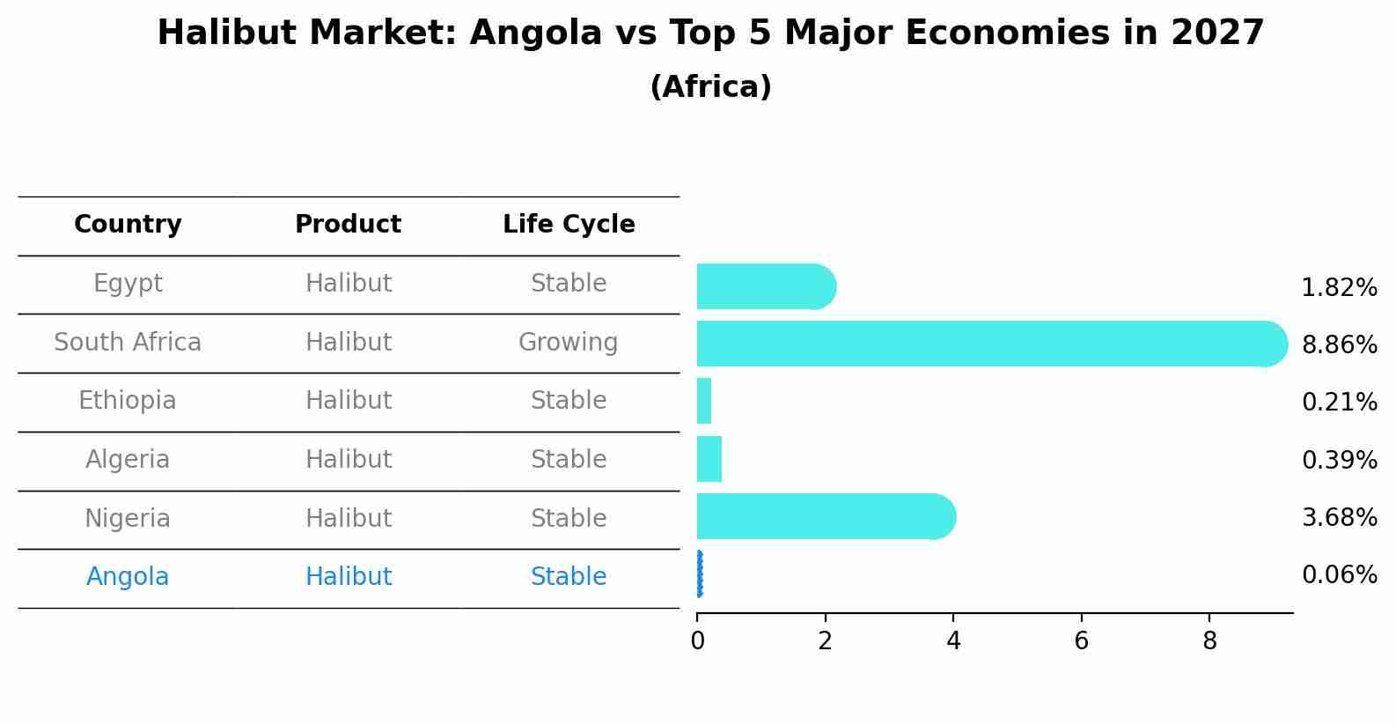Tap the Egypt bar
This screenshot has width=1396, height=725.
point(765,286)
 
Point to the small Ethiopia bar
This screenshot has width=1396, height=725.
point(704,401)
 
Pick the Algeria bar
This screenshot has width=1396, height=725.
point(709,459)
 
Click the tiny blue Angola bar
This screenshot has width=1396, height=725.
point(700,574)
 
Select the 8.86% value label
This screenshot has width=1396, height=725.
point(1339,344)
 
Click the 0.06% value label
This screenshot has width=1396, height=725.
point(1339,575)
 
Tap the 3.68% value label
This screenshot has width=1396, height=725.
point(1339,517)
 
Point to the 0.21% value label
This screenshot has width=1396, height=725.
point(1339,403)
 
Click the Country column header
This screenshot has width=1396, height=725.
point(128,225)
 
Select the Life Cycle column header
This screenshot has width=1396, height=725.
point(569,225)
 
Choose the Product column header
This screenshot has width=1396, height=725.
point(348,225)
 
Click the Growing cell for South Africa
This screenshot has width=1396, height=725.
point(568,342)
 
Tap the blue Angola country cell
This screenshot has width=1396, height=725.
point(128,577)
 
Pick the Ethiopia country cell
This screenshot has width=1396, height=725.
point(128,401)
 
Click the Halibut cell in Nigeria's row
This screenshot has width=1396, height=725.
point(348,518)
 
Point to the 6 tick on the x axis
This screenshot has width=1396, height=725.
point(1081,641)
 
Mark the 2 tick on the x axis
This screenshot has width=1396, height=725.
point(825,641)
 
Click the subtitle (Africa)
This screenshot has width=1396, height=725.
point(710,87)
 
